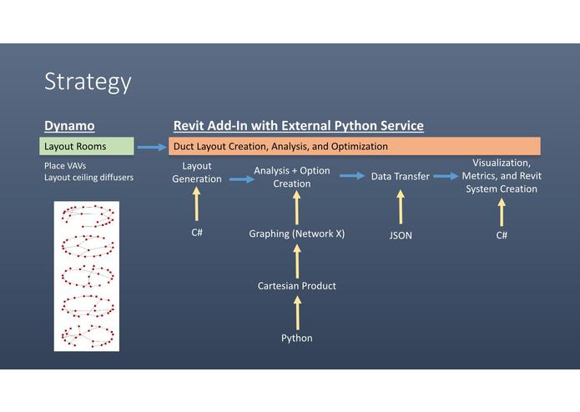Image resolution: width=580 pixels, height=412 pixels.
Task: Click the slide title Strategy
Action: tap(88, 82)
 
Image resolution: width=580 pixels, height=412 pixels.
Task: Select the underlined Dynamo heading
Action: tap(69, 126)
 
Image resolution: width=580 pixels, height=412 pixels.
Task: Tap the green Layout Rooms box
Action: tap(87, 146)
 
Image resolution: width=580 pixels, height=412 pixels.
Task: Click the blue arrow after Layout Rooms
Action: tap(152, 147)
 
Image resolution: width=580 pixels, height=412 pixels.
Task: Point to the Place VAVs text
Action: tap(65, 165)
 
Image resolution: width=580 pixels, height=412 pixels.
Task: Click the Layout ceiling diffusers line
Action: tap(88, 178)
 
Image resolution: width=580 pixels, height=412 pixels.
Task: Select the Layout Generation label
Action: tap(197, 173)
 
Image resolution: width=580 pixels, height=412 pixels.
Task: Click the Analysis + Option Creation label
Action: tap(292, 177)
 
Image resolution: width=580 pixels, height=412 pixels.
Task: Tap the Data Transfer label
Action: tap(401, 177)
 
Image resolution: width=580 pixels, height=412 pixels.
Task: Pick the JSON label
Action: tap(401, 235)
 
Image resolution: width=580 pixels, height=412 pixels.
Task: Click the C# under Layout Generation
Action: tap(197, 233)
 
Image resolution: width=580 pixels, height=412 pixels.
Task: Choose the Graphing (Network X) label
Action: tap(296, 234)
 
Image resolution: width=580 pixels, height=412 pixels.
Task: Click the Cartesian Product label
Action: tap(297, 286)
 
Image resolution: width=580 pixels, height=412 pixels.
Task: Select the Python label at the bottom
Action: tap(296, 338)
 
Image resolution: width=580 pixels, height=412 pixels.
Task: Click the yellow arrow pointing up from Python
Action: tap(297, 313)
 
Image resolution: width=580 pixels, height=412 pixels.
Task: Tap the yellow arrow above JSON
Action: tap(401, 207)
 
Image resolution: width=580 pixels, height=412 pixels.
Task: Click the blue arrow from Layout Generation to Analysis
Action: tap(242, 179)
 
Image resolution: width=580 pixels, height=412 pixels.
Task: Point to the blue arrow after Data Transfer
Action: tap(446, 176)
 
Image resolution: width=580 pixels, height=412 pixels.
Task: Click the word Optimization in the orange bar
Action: tap(359, 146)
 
